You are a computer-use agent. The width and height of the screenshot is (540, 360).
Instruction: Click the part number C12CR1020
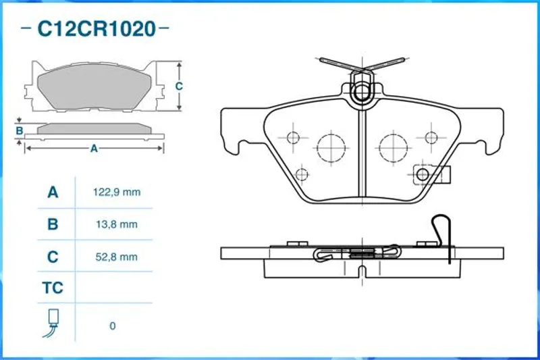[x=97, y=29]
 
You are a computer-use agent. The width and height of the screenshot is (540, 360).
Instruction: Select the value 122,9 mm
[x=117, y=192]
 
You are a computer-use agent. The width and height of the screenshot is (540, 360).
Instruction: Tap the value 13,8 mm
[x=117, y=225]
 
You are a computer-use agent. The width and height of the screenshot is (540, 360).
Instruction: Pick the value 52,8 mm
[x=117, y=257]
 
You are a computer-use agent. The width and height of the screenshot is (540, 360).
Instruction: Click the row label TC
[x=53, y=288]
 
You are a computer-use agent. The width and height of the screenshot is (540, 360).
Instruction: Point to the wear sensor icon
[x=51, y=323]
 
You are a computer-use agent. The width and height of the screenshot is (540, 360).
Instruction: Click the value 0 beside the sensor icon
[x=113, y=326]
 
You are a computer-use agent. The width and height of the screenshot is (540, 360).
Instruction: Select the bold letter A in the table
[x=53, y=192]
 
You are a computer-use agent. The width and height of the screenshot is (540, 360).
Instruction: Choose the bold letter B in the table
[x=53, y=225]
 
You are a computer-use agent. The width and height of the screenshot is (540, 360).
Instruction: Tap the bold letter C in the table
[x=53, y=257]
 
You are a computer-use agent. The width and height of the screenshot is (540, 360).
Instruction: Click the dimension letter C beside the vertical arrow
[x=179, y=86]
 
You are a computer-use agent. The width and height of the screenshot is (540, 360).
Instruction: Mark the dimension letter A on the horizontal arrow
[x=94, y=149]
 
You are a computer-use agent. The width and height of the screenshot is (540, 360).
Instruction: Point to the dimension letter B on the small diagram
[x=20, y=131]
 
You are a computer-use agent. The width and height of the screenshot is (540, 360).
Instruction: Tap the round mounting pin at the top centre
[x=362, y=92]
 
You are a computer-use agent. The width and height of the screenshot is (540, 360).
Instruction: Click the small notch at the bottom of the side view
[x=362, y=272]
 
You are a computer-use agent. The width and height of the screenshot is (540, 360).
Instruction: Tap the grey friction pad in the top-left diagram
[x=94, y=88]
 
